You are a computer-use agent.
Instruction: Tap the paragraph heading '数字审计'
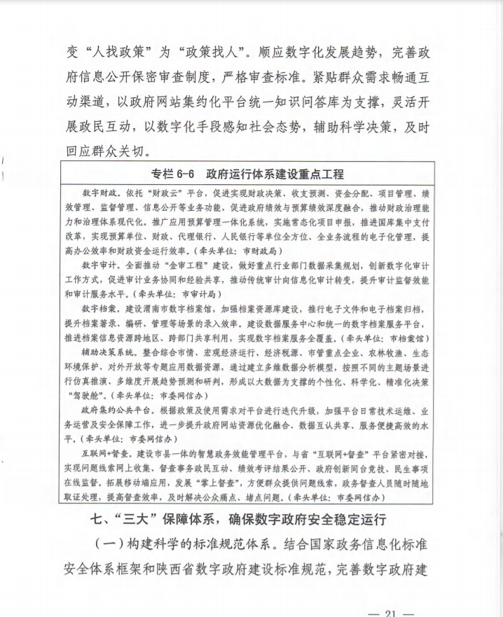click(97, 265)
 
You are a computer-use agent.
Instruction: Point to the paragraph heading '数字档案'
click(97, 309)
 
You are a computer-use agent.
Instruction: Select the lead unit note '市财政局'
click(257, 250)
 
